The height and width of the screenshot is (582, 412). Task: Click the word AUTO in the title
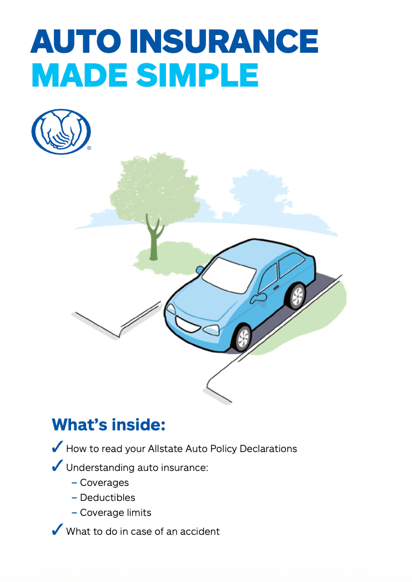(76, 41)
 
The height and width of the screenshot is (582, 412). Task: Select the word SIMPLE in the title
(197, 76)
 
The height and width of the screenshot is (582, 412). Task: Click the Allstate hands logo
(61, 132)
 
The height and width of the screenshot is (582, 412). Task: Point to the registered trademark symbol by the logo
(89, 148)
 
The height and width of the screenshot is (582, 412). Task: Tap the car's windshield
(229, 275)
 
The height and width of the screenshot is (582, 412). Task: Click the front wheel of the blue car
(243, 338)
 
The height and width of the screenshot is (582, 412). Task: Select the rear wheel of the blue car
(297, 296)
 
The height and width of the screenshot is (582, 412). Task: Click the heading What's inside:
(108, 425)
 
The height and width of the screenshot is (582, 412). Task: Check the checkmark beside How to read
(57, 447)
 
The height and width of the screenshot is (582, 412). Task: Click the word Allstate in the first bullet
(165, 449)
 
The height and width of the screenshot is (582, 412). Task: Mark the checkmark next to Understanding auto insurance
(57, 465)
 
